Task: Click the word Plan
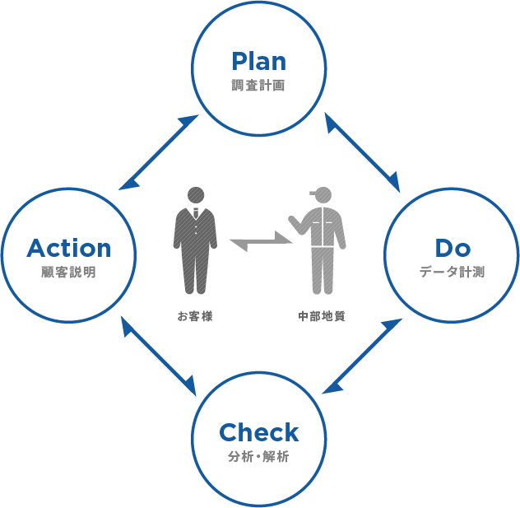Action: coord(259,61)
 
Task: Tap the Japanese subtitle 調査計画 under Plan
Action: coord(259,85)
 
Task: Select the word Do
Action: coord(452,247)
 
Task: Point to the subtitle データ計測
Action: coord(452,272)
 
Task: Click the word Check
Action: coord(259,432)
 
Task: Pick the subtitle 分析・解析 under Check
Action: coord(259,457)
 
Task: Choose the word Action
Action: coord(69,247)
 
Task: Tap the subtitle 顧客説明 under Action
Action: coord(69,272)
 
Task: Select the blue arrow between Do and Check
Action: coord(363,356)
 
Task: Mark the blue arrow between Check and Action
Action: coord(159,356)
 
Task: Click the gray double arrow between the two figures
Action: coord(261,243)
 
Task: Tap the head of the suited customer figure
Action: coord(195,197)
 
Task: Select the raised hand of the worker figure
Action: coord(292,221)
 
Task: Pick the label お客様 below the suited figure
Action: coord(195,315)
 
